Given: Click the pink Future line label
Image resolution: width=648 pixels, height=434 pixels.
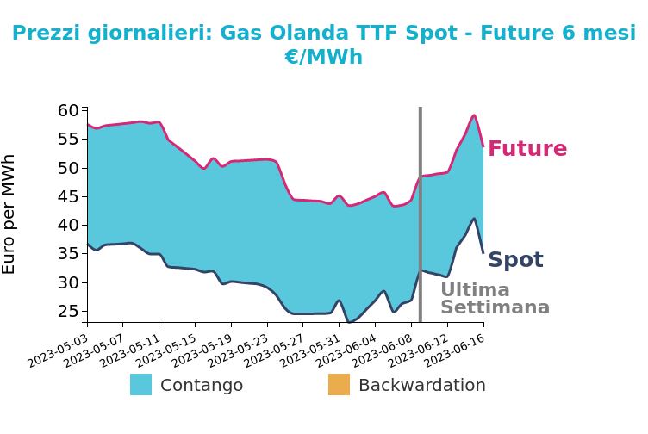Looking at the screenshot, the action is tap(527, 148).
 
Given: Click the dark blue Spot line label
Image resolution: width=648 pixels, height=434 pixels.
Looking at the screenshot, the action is tap(515, 260).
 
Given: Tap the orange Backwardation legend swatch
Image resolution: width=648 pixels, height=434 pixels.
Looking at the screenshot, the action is tap(339, 384).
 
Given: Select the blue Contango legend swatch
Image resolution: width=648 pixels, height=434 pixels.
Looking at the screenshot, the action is tap(141, 384).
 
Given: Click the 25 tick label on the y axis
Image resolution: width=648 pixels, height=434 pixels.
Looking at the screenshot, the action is tap(68, 311).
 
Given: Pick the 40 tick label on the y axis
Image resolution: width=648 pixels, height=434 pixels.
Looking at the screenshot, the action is tap(68, 225).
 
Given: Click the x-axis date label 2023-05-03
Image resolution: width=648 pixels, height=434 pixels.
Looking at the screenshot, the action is tap(58, 351).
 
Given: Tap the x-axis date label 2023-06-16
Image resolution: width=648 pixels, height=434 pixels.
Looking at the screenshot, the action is tap(455, 351).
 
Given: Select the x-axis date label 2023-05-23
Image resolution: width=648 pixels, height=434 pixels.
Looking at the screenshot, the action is tap(239, 351).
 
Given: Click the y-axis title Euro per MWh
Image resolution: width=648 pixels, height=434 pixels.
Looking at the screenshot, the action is tap(9, 214).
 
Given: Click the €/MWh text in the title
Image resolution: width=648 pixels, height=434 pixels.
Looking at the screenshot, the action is tap(324, 57).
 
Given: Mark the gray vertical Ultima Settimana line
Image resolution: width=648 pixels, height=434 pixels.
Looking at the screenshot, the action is tap(421, 214).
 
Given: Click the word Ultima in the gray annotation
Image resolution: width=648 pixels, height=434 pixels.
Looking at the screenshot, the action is tap(476, 290).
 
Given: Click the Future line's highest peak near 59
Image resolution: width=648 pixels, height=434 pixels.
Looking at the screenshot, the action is tap(474, 115).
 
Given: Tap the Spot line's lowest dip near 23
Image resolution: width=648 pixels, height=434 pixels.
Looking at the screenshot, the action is tap(349, 322).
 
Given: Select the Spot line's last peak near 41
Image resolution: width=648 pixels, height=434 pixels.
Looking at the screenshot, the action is tap(474, 219).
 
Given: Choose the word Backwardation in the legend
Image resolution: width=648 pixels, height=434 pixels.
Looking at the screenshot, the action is tap(422, 385).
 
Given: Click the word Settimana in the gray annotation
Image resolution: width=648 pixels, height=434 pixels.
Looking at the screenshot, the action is tap(495, 307).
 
